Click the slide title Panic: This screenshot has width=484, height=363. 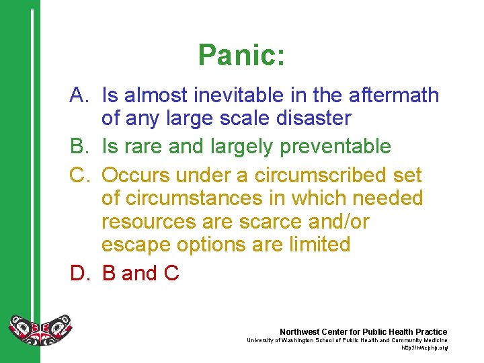click(241, 56)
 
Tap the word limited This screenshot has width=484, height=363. click(313, 244)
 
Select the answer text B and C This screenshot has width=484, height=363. click(140, 273)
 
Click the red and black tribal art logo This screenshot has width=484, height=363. click(40, 329)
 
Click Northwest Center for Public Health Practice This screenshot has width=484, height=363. click(363, 332)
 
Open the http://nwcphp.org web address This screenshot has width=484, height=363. click(424, 348)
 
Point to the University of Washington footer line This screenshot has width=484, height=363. click(347, 340)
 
